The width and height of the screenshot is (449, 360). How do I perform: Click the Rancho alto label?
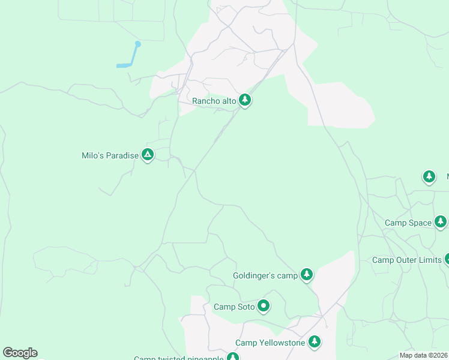pos(214,101)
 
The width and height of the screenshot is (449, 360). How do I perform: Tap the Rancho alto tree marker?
pos(244,100)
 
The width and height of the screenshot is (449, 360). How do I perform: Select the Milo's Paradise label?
pos(110,155)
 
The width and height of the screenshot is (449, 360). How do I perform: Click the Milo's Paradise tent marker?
pos(148,154)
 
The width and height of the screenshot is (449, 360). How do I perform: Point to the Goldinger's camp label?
pos(265,275)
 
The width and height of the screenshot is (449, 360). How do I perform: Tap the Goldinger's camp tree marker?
pos(307,274)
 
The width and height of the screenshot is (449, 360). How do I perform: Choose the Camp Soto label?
pos(234,307)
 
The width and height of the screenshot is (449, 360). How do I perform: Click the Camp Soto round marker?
pos(264,306)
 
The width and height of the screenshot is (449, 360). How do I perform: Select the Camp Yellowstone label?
pos(270,343)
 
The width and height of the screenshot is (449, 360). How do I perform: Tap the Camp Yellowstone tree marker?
pos(314,341)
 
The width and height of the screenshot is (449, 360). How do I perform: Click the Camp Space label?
pos(408,223)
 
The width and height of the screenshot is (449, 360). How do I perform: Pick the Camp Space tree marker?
pos(441,221)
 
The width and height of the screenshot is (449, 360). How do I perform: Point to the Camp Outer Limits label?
pos(406,260)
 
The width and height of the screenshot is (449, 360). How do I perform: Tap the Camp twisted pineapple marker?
pos(232,357)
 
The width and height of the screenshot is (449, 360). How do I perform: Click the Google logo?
pos(20,353)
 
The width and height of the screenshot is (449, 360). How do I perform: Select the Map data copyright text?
pos(424,355)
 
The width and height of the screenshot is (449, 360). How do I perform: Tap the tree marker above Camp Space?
pos(429,176)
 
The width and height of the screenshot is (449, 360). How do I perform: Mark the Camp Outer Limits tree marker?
pos(447,259)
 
